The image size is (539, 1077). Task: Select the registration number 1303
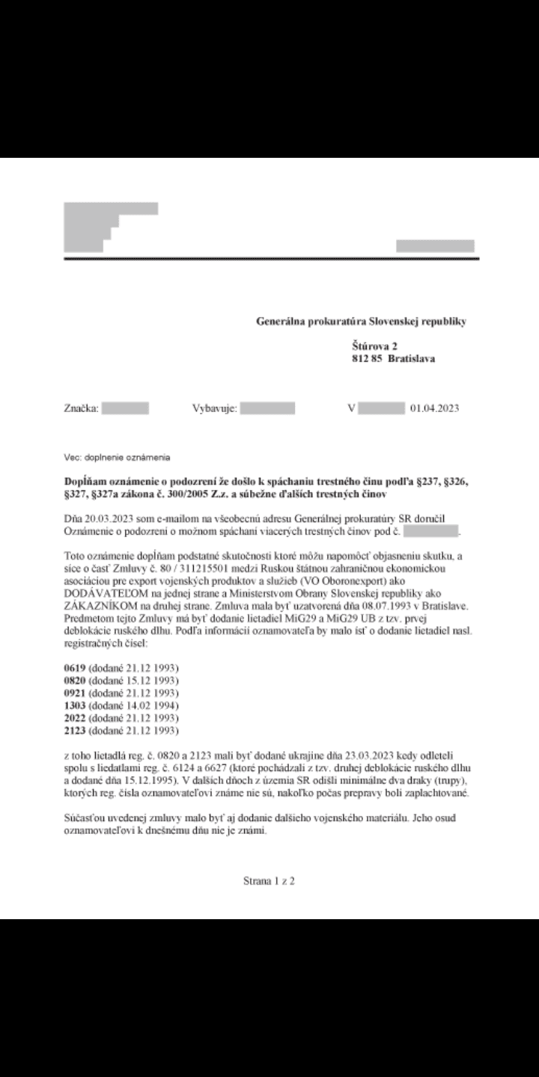coord(75,705)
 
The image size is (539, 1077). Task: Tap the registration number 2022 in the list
coord(75,717)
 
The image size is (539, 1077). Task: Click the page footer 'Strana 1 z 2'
coord(269,881)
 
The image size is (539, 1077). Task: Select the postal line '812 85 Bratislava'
coord(393,358)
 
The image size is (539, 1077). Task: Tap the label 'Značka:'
coord(81,408)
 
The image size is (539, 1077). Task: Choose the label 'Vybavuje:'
coord(215,408)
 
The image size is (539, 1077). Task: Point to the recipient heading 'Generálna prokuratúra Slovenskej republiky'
coord(361,322)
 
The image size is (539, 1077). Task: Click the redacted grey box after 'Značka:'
coord(125,408)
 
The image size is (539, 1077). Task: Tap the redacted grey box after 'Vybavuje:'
coord(268,408)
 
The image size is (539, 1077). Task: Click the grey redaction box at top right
coord(435,246)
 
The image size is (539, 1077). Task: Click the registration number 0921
coord(75,693)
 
